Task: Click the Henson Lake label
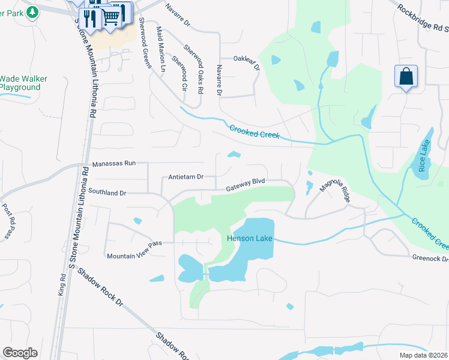[x=249, y=238]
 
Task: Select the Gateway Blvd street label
[x=246, y=185]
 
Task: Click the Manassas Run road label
[x=115, y=164]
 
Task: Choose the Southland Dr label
[x=107, y=193]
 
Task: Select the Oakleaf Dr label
[x=247, y=63]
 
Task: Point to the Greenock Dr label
[x=430, y=259]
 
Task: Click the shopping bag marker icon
[x=406, y=77]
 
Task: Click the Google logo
[x=20, y=353]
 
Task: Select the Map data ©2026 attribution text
[x=423, y=355]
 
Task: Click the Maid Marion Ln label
[x=161, y=49]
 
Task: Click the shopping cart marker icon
[x=112, y=18]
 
